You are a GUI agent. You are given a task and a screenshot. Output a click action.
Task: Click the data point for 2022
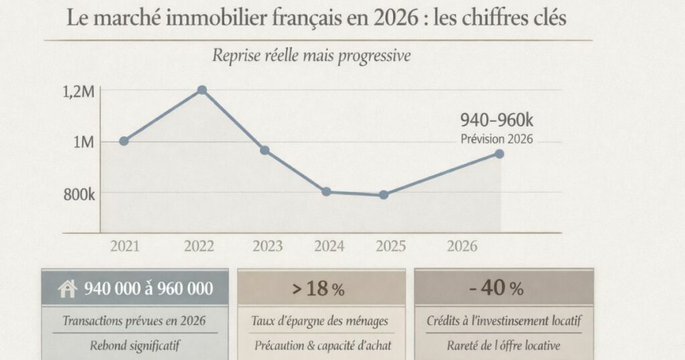202,90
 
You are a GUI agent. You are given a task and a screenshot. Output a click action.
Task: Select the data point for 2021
124,141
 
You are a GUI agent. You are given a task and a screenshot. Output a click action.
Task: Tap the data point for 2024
326,191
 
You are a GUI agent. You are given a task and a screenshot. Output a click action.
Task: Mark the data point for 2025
383,195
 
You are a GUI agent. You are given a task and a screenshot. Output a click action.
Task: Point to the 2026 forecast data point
499,154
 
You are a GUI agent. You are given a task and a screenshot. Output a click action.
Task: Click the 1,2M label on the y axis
78,92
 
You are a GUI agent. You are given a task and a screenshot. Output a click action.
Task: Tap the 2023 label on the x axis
268,246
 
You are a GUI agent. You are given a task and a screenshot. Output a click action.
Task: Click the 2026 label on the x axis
462,246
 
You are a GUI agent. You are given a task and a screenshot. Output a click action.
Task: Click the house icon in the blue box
68,289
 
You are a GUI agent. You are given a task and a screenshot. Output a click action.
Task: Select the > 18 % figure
318,289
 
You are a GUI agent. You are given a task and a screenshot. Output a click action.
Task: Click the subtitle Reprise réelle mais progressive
311,56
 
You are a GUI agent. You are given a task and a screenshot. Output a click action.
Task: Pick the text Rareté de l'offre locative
504,346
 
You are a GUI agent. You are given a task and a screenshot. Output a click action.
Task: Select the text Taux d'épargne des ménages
320,321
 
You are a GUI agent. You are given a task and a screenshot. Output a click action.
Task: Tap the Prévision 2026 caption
497,139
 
